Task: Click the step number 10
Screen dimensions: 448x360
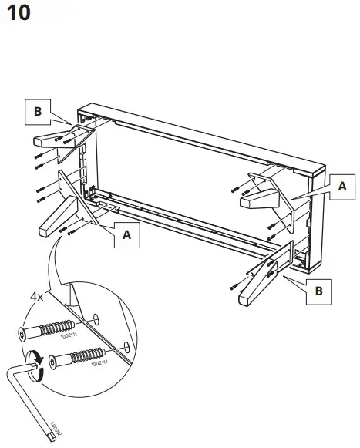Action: (18, 14)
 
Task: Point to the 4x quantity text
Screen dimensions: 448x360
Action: (37, 296)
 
